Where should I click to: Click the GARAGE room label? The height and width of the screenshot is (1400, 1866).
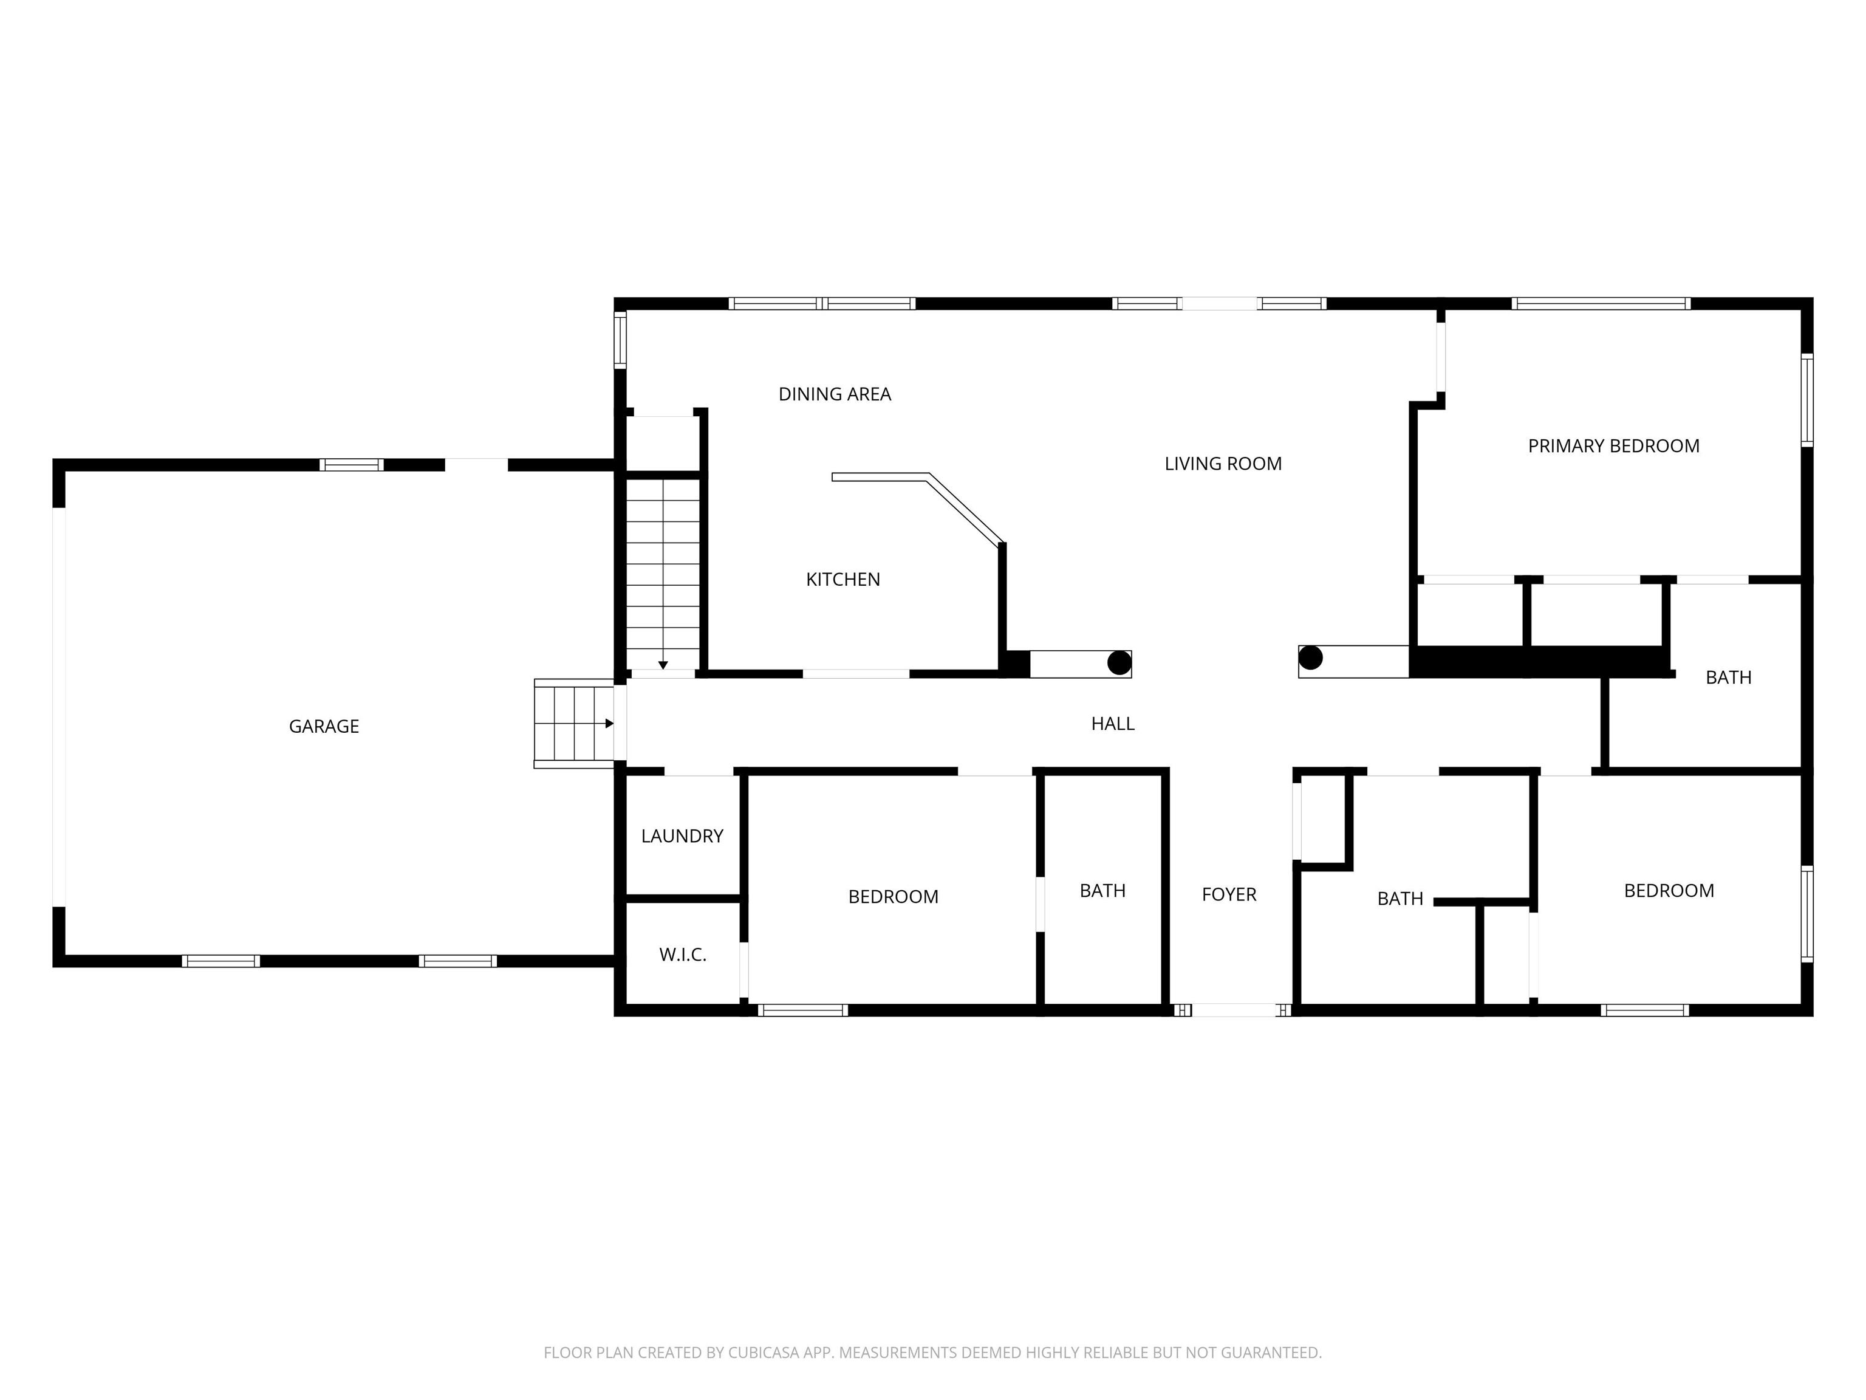click(x=324, y=727)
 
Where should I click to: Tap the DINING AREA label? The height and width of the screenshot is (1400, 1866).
click(x=835, y=394)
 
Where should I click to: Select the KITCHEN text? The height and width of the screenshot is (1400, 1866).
click(x=842, y=580)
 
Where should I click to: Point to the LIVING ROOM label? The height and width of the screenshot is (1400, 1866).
click(x=1223, y=463)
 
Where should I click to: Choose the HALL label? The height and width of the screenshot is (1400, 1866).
click(x=1113, y=723)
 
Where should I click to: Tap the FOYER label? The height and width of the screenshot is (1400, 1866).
click(x=1229, y=894)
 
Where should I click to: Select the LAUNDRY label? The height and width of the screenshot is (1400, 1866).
click(x=683, y=836)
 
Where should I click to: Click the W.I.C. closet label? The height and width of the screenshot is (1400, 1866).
click(x=683, y=955)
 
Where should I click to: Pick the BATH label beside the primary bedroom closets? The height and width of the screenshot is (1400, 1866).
click(x=1729, y=678)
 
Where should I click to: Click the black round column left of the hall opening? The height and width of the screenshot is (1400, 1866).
click(x=1119, y=664)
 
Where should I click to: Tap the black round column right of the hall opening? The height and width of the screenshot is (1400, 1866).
click(x=1310, y=657)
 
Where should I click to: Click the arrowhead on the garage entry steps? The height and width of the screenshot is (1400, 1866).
click(x=609, y=723)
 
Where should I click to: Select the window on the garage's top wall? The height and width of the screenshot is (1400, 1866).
click(x=352, y=465)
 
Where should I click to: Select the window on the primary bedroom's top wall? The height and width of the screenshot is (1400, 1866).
click(x=1601, y=304)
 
